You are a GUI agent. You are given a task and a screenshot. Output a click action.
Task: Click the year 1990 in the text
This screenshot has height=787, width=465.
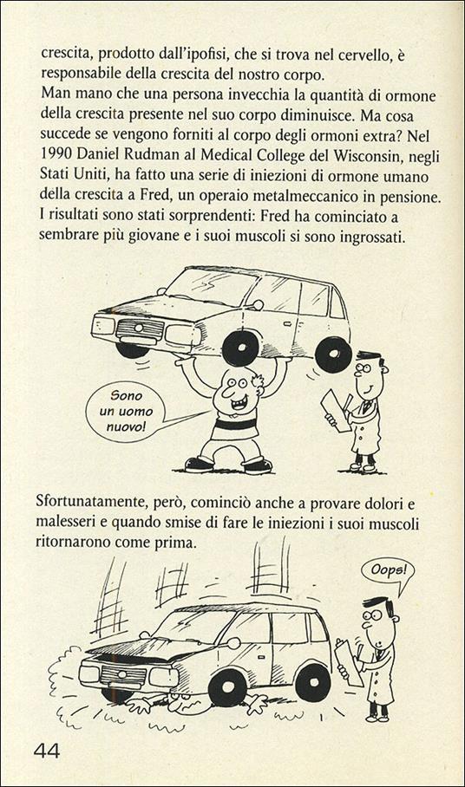coord(59,165)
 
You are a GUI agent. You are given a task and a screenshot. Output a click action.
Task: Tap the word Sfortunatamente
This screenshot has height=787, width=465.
coord(95,502)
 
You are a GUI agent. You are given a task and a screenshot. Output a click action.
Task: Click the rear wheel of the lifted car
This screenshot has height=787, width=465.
coord(332,354)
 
